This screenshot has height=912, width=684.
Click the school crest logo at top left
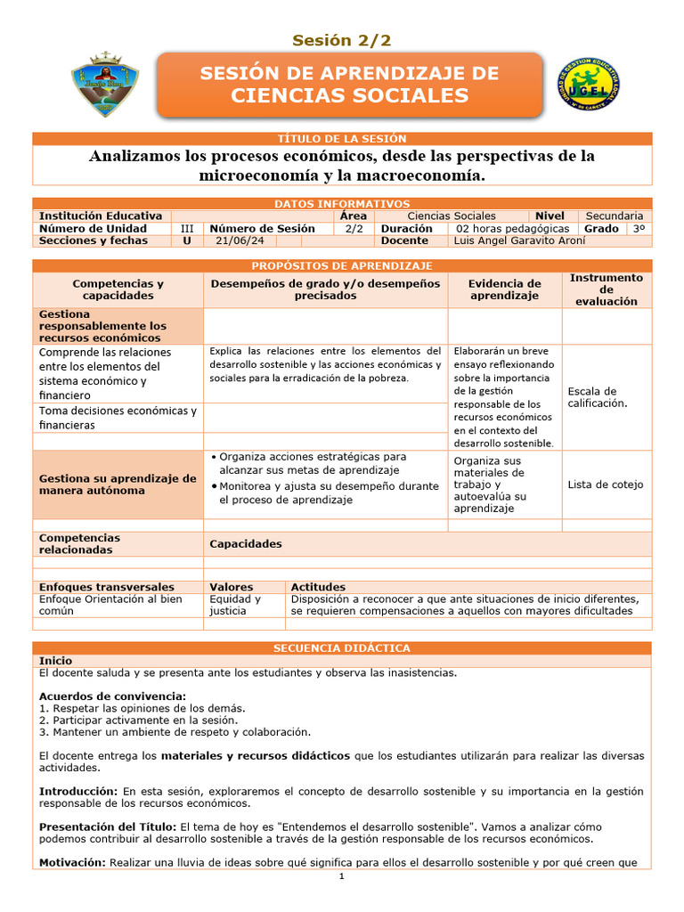click(105, 85)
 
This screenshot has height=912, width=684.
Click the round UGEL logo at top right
click(588, 85)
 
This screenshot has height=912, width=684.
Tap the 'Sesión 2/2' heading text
click(342, 40)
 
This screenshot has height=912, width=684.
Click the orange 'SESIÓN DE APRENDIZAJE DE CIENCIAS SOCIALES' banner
click(349, 85)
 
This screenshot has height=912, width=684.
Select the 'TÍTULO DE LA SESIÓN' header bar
click(342, 139)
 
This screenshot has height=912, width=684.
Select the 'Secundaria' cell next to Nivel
click(614, 216)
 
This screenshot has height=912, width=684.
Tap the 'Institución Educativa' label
click(101, 216)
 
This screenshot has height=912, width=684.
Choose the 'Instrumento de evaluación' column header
click(606, 289)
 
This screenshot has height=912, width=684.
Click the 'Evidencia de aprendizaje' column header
click(504, 289)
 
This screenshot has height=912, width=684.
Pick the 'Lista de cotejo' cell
click(605, 485)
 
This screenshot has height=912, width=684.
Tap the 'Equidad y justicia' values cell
click(235, 605)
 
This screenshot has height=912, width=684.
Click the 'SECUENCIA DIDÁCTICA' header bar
click(342, 648)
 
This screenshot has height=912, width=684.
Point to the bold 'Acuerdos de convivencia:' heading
click(112, 696)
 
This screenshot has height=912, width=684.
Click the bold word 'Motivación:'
click(72, 862)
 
